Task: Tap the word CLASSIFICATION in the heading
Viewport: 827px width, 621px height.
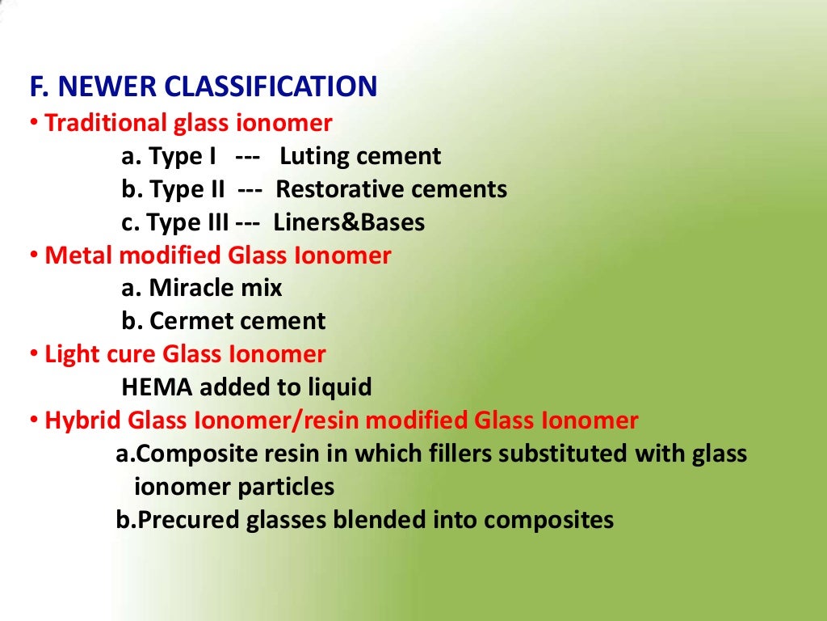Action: tap(271, 87)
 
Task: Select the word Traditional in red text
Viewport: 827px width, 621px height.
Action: tap(106, 124)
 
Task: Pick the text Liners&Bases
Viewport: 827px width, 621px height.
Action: tap(349, 222)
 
